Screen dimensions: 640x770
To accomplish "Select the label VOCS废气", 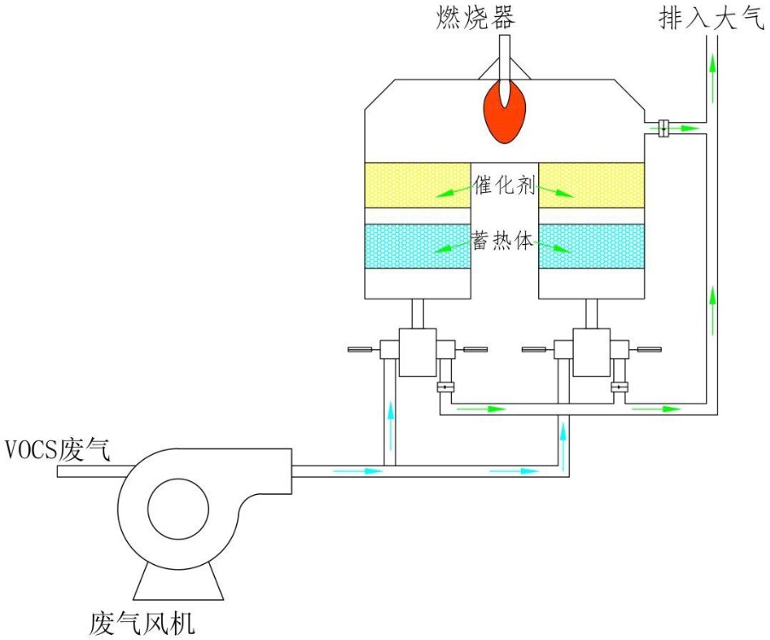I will click(57, 448).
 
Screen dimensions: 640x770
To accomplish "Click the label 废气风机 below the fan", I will click(142, 624).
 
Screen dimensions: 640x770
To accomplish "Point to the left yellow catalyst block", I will click(418, 185).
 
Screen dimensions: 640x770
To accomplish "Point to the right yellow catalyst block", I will click(591, 185).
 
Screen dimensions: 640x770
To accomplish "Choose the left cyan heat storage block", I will click(418, 246).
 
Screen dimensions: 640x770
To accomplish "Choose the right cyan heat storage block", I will click(591, 246).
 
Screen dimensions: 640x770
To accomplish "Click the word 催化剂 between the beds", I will click(504, 184).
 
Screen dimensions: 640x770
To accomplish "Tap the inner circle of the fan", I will click(178, 511).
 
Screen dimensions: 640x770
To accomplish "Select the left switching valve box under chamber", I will click(418, 352).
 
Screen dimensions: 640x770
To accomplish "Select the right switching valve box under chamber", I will click(591, 352).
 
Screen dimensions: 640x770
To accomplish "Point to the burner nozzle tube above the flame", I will click(505, 55).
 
